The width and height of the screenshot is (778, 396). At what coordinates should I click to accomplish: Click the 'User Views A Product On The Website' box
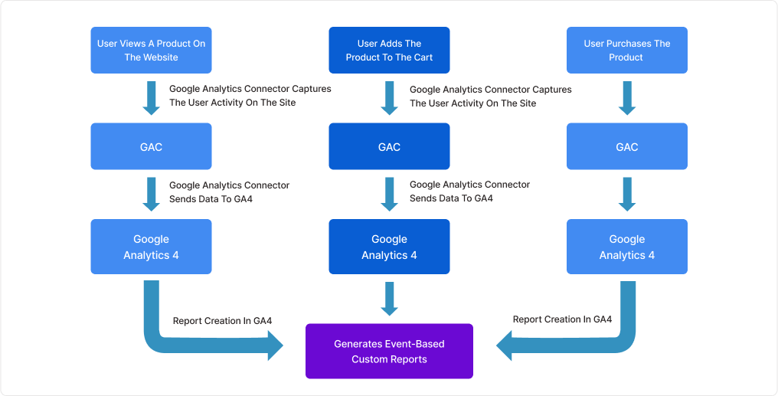click(x=151, y=51)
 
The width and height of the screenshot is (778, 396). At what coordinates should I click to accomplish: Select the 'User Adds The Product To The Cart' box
click(x=389, y=51)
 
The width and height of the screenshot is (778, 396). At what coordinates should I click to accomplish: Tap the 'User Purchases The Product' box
click(x=626, y=51)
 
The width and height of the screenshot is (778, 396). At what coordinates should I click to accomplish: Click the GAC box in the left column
click(x=151, y=147)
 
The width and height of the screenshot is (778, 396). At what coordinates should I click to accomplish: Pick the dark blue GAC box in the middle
click(x=389, y=147)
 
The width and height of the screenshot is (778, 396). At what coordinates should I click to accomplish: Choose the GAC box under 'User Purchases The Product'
click(x=626, y=147)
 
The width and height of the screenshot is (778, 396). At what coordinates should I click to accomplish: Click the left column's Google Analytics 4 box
click(x=151, y=247)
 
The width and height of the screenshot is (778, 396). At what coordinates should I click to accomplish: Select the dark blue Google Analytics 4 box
click(x=389, y=247)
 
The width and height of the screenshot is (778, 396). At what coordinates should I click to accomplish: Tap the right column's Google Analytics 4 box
click(x=626, y=247)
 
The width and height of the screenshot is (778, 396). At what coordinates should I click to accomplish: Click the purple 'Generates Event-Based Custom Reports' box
click(x=389, y=351)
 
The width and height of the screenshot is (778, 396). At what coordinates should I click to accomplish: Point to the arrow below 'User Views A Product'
click(x=151, y=98)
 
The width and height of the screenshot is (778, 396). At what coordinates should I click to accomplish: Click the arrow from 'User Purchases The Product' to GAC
click(x=626, y=98)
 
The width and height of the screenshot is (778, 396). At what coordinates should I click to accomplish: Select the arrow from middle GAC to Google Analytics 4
click(x=389, y=195)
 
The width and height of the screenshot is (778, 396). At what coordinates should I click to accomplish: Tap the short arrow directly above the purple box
click(x=389, y=299)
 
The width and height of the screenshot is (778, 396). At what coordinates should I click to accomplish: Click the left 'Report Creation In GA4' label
click(x=222, y=321)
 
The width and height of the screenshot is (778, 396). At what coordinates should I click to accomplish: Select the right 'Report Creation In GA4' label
click(x=562, y=319)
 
